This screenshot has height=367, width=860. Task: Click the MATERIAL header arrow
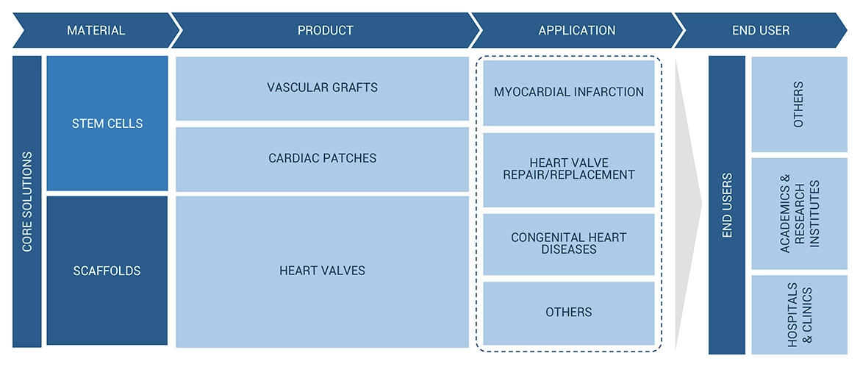(96, 31)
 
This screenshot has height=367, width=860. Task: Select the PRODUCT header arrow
(325, 31)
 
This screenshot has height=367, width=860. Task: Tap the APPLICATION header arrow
(576, 31)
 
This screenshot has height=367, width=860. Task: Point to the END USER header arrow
(761, 31)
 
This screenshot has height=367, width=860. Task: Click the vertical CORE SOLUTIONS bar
(27, 202)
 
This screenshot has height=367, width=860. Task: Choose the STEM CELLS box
(107, 124)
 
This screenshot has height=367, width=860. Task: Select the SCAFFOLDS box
(107, 271)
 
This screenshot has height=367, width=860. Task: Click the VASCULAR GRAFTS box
(322, 88)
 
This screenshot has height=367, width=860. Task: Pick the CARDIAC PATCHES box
(322, 159)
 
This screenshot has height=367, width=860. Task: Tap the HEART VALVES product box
(322, 271)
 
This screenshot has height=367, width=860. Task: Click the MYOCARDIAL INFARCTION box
(569, 93)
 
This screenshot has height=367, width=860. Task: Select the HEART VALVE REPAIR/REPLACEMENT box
(569, 169)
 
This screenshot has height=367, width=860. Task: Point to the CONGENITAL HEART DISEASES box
(569, 243)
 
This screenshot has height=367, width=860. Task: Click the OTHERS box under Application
(569, 313)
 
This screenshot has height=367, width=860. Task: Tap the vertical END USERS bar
(727, 204)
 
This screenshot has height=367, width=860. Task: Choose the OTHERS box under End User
(799, 104)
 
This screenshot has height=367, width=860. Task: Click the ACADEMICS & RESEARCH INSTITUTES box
(799, 213)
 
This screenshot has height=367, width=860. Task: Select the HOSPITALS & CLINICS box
(799, 315)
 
